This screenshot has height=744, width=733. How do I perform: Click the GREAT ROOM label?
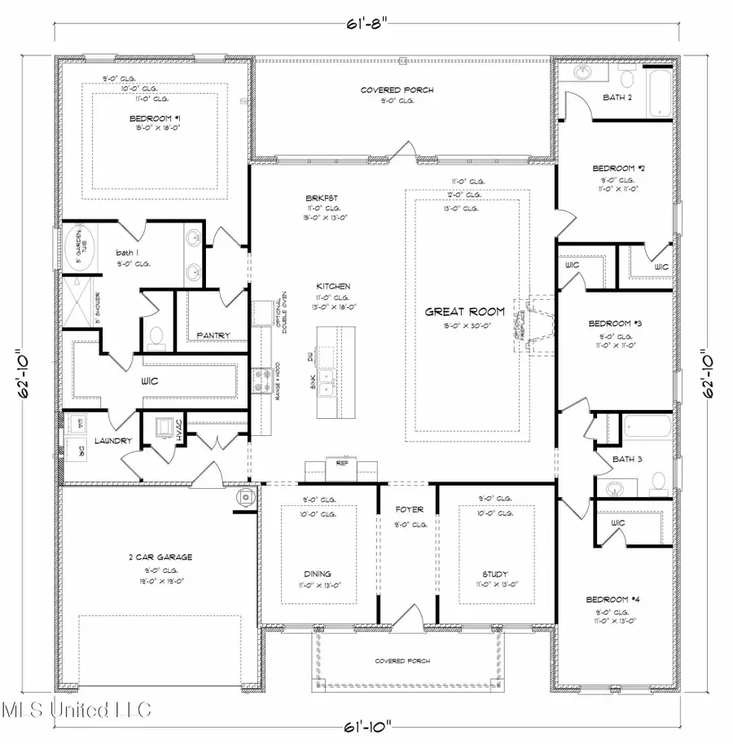[464, 311]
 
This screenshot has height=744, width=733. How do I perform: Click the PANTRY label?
[213, 335]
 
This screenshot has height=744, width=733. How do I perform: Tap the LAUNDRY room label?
[113, 440]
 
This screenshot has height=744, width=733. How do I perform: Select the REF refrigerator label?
[341, 462]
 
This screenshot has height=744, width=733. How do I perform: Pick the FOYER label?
[409, 510]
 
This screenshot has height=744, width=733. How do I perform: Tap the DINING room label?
[318, 574]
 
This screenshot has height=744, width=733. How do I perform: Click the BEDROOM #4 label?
[614, 600]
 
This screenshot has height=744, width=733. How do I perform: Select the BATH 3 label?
[628, 460]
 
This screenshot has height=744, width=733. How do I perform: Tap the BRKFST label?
[318, 197]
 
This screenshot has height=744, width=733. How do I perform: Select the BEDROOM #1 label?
[154, 119]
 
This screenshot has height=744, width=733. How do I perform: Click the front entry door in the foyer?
[410, 617]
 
